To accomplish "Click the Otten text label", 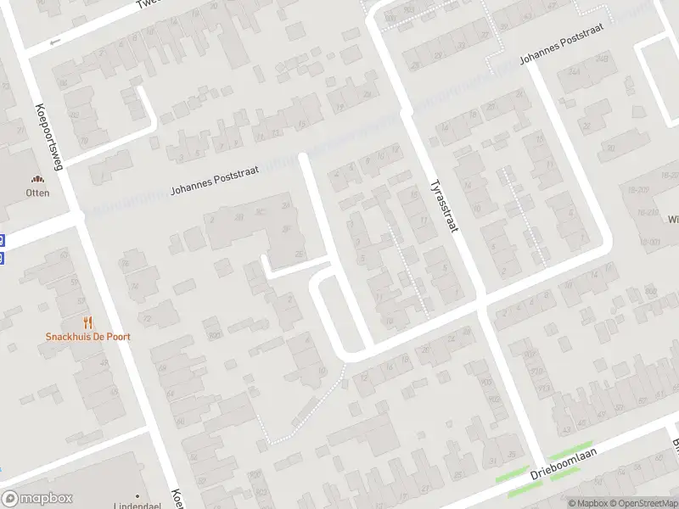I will [x=37, y=193].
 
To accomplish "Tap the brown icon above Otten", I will [x=37, y=179].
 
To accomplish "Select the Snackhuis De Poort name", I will [x=88, y=336].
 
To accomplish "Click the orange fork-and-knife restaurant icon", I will [x=88, y=322].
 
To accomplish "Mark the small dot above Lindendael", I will [x=137, y=494].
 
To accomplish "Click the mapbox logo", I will [x=36, y=499].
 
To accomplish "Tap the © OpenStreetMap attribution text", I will [x=642, y=502].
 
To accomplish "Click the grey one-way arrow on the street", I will [x=56, y=41].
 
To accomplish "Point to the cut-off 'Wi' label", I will [x=672, y=219].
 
